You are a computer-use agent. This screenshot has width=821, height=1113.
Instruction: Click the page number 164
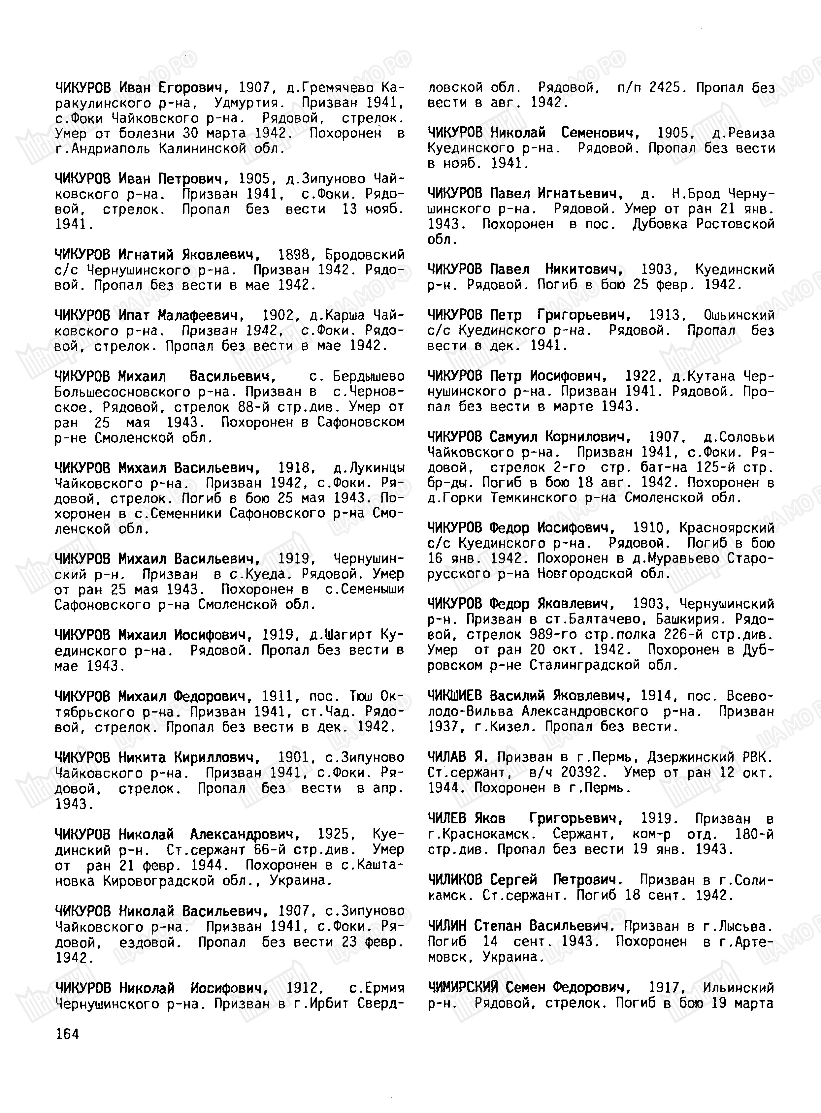click(x=67, y=1034)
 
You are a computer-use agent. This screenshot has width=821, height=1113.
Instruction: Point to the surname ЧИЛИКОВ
click(x=454, y=880)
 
